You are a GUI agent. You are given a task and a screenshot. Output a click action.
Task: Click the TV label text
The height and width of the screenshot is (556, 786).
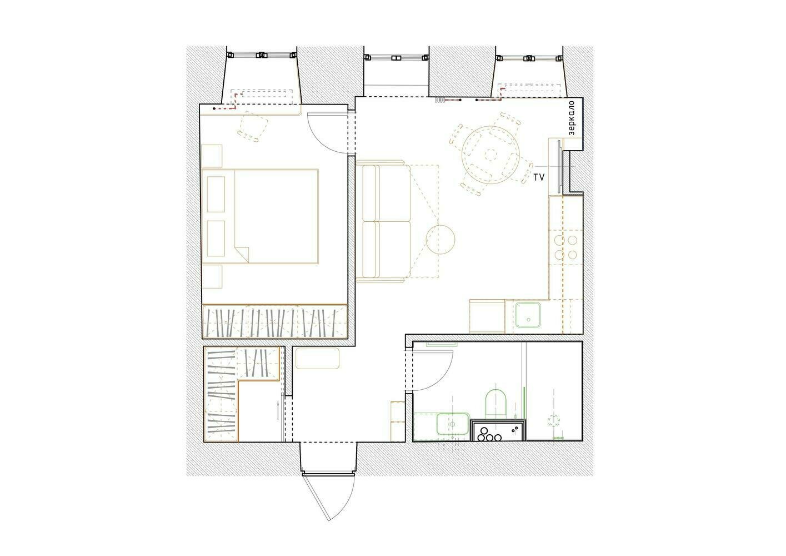click(539, 178)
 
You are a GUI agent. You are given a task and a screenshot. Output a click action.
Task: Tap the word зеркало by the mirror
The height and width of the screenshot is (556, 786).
click(571, 118)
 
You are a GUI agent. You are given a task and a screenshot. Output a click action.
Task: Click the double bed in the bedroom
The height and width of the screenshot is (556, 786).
click(260, 216)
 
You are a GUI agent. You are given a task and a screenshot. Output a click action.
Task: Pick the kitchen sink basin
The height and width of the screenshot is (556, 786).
click(528, 315)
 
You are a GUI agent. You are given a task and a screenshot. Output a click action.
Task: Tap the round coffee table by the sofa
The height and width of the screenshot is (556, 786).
click(440, 240)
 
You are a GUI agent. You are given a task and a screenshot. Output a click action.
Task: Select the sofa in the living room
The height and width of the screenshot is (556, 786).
click(383, 221)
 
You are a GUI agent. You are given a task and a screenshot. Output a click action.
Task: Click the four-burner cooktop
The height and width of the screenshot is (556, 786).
click(565, 247)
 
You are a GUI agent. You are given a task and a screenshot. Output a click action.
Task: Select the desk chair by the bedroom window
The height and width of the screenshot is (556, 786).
click(253, 126)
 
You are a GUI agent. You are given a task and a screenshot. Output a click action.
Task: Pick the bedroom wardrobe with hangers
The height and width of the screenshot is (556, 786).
click(275, 321)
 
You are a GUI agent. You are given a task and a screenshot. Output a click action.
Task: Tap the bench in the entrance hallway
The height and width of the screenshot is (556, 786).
click(317, 358)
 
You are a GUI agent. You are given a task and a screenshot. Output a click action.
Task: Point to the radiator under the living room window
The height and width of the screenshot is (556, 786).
click(440, 100)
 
